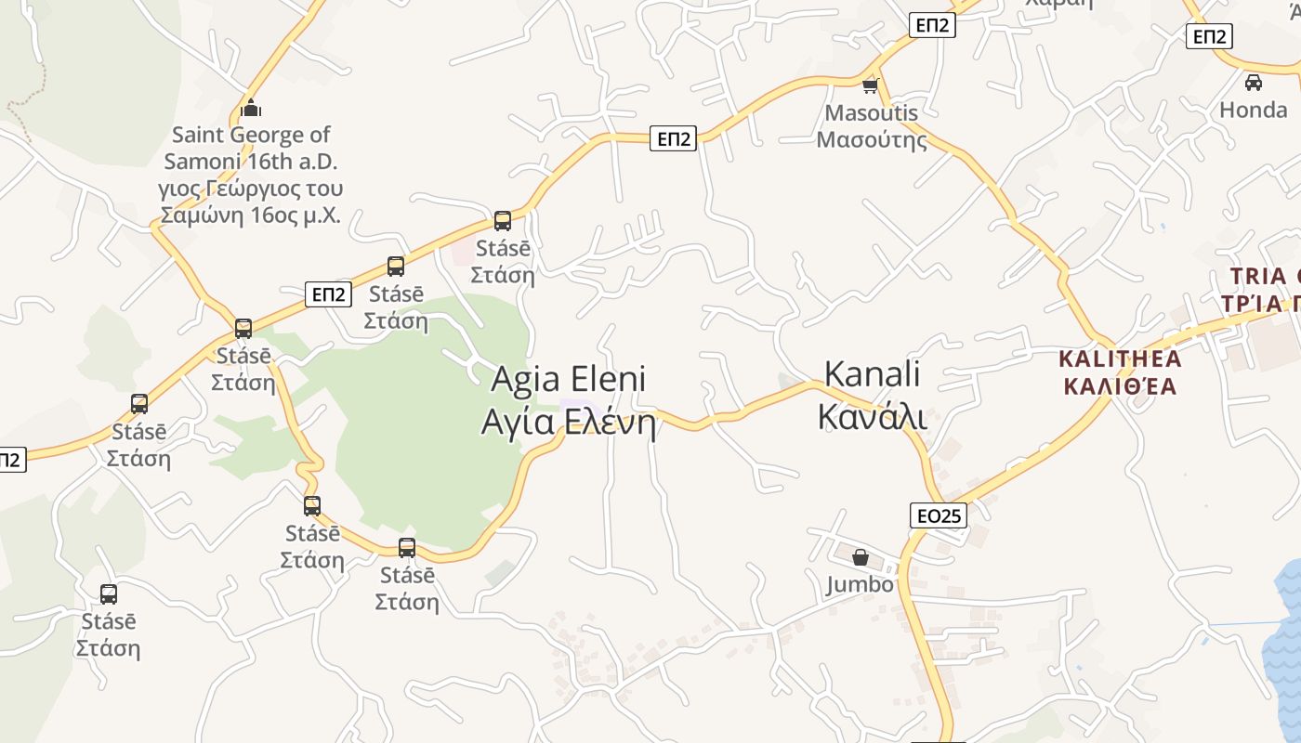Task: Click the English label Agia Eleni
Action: (x=568, y=379)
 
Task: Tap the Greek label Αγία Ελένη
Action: (x=568, y=423)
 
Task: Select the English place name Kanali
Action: (x=872, y=373)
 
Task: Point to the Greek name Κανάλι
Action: (x=872, y=417)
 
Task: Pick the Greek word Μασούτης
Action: (x=871, y=140)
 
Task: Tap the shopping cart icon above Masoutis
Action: (x=871, y=86)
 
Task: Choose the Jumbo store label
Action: (x=860, y=584)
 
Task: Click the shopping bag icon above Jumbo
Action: (x=861, y=557)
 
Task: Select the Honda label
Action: (x=1253, y=110)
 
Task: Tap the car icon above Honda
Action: (x=1253, y=83)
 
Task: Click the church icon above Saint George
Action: (x=251, y=109)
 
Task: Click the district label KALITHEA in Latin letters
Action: (x=1120, y=358)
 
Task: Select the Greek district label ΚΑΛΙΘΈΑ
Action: (x=1120, y=385)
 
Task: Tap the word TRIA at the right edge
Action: (x=1258, y=277)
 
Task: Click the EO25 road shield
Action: (x=938, y=515)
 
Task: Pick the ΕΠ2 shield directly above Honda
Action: (x=1209, y=36)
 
